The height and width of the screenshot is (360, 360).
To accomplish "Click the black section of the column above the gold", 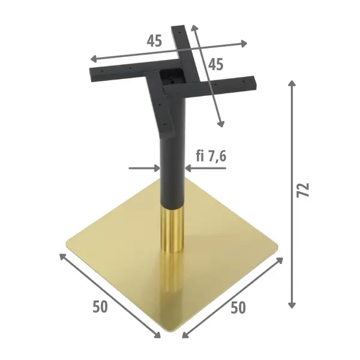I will pos(170,174).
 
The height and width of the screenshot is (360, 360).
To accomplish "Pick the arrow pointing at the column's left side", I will pos(144,169).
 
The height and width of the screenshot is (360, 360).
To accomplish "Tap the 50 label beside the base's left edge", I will pos(100,306).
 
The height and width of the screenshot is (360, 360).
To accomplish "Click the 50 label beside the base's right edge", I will pos(238,308).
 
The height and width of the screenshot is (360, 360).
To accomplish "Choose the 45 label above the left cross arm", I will pos(154,41).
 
